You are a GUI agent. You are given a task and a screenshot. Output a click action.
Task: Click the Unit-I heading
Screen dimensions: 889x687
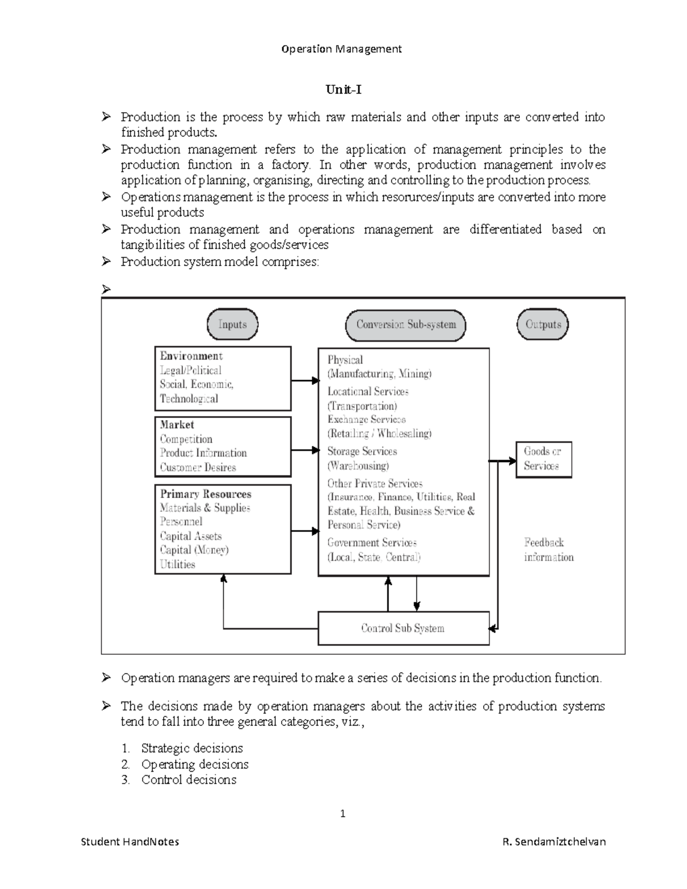click(343, 90)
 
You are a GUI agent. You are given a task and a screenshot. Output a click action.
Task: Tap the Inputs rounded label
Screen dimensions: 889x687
click(232, 325)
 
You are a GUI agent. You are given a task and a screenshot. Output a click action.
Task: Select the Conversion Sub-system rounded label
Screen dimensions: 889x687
click(406, 325)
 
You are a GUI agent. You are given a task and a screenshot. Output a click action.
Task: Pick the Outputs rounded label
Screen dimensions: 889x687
click(543, 325)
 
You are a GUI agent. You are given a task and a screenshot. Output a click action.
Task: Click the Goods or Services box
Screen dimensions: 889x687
click(543, 459)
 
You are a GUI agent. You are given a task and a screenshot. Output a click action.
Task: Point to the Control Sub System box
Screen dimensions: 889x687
click(403, 628)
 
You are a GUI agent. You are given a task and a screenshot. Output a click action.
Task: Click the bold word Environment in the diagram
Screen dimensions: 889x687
click(191, 356)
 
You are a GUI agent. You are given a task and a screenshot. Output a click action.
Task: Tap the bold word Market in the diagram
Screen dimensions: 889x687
click(177, 425)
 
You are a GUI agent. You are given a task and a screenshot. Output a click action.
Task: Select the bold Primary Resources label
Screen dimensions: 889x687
click(206, 494)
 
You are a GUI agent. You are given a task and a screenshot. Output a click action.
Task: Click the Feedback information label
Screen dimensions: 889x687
click(548, 550)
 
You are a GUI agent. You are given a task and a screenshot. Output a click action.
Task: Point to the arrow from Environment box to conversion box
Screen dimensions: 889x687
click(305, 381)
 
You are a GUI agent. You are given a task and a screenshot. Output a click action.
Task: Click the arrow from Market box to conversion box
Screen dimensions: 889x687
click(305, 451)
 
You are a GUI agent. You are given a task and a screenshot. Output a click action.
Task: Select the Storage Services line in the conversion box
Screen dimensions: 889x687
click(362, 451)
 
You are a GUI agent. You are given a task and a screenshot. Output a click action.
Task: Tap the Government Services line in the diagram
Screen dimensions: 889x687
click(372, 543)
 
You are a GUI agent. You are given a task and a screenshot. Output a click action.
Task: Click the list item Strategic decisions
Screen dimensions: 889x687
click(192, 748)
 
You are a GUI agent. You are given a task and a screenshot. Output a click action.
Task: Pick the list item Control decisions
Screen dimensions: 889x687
click(188, 780)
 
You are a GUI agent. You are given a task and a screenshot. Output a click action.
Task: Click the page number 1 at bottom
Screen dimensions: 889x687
click(343, 813)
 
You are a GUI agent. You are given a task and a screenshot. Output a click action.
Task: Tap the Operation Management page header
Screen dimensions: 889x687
click(342, 49)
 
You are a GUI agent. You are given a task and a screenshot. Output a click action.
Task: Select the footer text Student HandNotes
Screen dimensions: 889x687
click(130, 841)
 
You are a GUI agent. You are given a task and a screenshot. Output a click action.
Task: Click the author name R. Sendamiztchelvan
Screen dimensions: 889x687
click(554, 841)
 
